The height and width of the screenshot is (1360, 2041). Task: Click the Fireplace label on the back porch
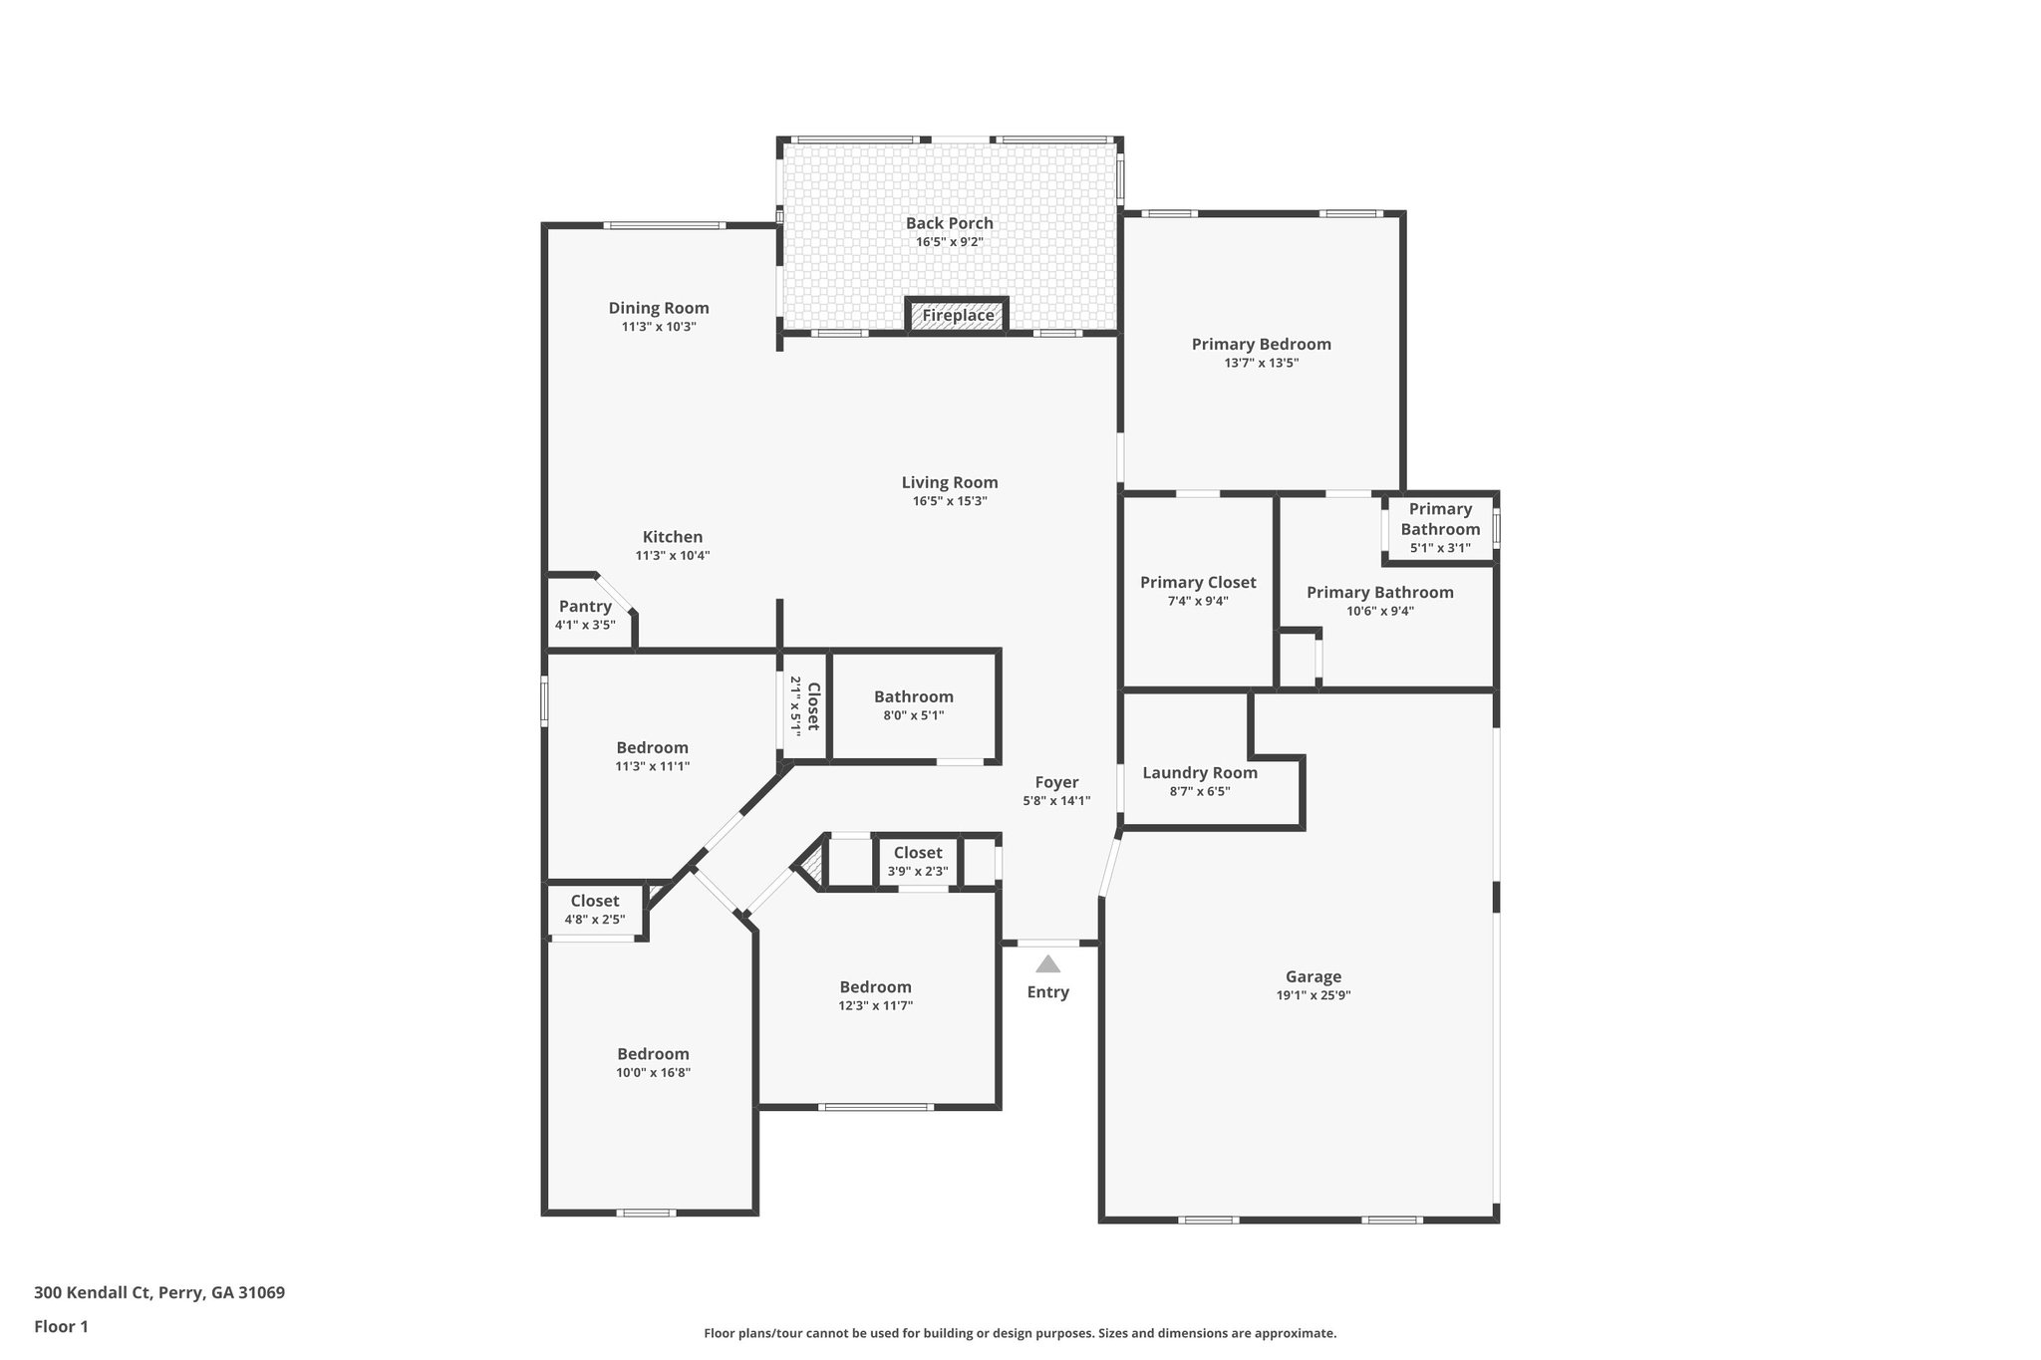click(957, 316)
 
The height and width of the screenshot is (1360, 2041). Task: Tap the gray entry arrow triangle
click(1047, 964)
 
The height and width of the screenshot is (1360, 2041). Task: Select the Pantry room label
click(585, 607)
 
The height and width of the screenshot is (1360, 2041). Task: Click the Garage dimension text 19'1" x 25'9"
click(1312, 995)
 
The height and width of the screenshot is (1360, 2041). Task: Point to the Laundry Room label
click(1200, 773)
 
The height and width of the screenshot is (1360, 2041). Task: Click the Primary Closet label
click(1198, 583)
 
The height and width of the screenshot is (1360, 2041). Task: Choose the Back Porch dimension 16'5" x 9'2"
click(950, 242)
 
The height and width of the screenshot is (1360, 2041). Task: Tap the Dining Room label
click(659, 309)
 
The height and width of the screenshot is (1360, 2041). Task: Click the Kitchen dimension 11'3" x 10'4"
click(673, 556)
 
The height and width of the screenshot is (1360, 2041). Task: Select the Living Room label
click(950, 483)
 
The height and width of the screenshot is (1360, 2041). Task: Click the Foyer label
click(1056, 783)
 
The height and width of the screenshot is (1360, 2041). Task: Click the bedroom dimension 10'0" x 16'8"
click(653, 1073)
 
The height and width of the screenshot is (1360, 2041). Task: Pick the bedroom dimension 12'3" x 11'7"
click(875, 1006)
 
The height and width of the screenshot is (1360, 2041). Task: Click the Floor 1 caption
click(62, 1327)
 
